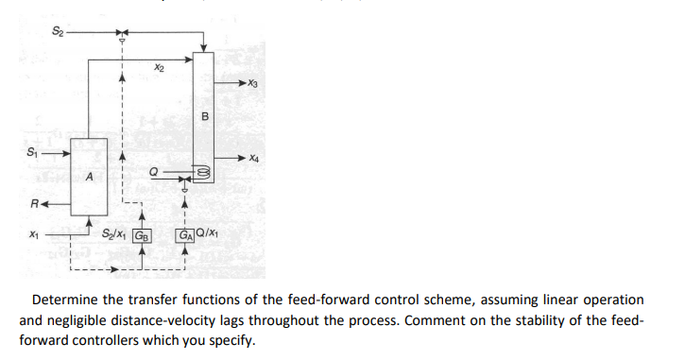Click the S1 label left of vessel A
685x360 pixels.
[x=38, y=150]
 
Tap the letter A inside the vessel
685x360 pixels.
[x=89, y=177]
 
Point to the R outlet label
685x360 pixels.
[x=35, y=201]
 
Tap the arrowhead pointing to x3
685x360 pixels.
[x=245, y=84]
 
